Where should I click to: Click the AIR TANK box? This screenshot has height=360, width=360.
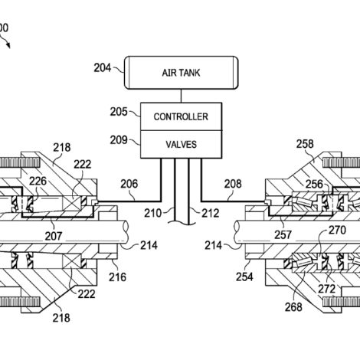(182, 73)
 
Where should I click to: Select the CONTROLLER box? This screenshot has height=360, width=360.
(181, 116)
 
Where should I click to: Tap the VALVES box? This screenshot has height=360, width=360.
(181, 145)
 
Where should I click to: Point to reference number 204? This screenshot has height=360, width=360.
(103, 68)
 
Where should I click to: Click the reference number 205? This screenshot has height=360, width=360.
(119, 112)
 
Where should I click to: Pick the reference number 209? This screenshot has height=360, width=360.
(119, 140)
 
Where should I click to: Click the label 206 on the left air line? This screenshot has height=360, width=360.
(129, 184)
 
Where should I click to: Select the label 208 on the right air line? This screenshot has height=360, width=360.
(233, 184)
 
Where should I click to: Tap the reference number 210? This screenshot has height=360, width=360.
(152, 213)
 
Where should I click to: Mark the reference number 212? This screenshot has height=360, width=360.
(211, 213)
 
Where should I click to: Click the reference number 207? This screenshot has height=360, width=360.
(54, 236)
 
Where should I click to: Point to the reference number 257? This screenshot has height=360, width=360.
(283, 235)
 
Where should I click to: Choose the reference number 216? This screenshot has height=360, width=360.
(117, 277)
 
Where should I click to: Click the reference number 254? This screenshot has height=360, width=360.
(244, 277)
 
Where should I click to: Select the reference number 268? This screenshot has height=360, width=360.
(293, 307)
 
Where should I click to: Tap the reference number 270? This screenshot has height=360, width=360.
(337, 231)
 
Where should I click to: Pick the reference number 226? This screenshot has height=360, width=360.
(38, 182)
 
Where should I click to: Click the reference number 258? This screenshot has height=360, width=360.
(305, 144)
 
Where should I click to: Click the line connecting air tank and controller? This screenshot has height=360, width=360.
(181, 96)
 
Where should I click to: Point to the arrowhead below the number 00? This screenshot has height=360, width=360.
(8, 46)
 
